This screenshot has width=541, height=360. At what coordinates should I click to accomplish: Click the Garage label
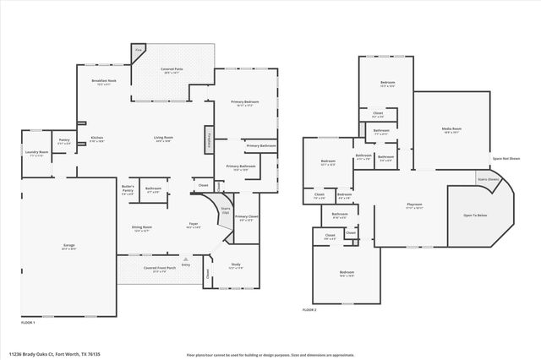[69, 246]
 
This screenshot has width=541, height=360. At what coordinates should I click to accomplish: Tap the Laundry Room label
[36, 153]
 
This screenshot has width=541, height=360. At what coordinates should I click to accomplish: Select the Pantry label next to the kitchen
[63, 140]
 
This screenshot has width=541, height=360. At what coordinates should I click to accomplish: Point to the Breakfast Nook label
[104, 81]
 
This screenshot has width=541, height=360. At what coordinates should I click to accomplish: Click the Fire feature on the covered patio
[139, 51]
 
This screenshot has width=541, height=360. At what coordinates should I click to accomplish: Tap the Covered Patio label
[174, 71]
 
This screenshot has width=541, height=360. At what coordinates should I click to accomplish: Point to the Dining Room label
[141, 226]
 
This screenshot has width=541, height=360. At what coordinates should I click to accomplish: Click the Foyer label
[193, 224]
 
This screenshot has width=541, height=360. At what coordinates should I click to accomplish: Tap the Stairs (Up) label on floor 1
[226, 210]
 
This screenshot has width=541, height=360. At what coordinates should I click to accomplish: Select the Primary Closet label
[246, 217]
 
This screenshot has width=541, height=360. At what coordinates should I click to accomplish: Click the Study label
[236, 265]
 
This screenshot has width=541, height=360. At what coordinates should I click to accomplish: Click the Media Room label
[451, 129]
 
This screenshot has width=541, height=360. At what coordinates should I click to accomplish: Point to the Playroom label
[414, 205]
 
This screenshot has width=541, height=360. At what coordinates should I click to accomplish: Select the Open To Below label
[475, 215]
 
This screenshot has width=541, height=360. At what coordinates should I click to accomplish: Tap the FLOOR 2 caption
[309, 310]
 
